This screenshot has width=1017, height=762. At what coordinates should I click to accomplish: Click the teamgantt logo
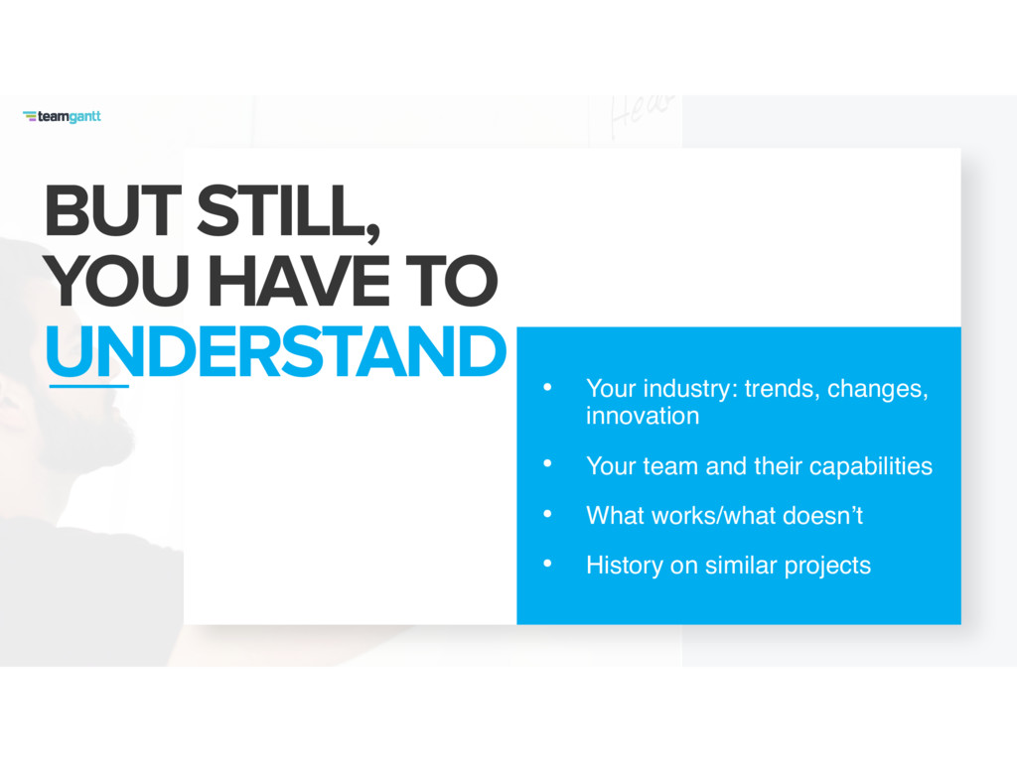pyautogui.click(x=62, y=117)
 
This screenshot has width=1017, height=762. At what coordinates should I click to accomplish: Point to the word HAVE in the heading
pyautogui.click(x=299, y=281)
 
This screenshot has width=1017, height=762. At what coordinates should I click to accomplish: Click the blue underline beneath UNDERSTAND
pyautogui.click(x=88, y=386)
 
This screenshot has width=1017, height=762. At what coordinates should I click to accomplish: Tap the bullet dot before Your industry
pyautogui.click(x=547, y=388)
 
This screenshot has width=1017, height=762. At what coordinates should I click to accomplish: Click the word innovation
pyautogui.click(x=643, y=416)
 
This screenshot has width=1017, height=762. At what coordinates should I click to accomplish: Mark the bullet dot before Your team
pyautogui.click(x=547, y=464)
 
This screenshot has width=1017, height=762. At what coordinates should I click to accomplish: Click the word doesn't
pyautogui.click(x=822, y=516)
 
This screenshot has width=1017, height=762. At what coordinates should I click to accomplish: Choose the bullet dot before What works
pyautogui.click(x=547, y=514)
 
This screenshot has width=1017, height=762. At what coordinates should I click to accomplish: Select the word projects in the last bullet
pyautogui.click(x=827, y=567)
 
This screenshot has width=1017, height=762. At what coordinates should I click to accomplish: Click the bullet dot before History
pyautogui.click(x=547, y=564)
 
